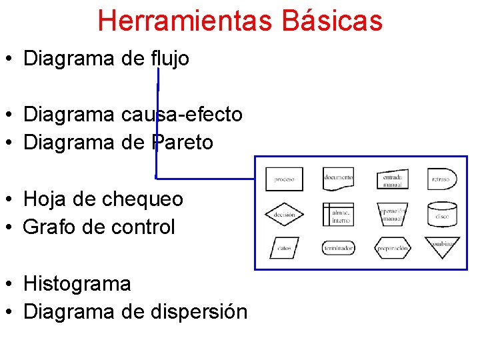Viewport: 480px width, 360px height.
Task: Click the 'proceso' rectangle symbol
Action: pyautogui.click(x=284, y=179)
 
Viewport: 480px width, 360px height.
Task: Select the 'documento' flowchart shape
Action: pyautogui.click(x=338, y=179)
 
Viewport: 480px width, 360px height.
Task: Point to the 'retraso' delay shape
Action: pyautogui.click(x=441, y=179)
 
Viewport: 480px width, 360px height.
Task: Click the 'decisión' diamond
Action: pyautogui.click(x=284, y=215)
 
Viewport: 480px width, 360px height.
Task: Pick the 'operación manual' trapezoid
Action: pyautogui.click(x=392, y=214)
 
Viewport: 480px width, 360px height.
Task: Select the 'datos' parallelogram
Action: pyautogui.click(x=284, y=248)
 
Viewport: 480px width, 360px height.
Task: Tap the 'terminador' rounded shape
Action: pyautogui.click(x=338, y=248)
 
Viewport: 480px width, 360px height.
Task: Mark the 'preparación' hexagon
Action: pyautogui.click(x=392, y=248)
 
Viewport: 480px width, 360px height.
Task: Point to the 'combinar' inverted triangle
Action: pyautogui.click(x=442, y=246)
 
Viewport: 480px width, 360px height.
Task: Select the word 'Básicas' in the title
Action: pyautogui.click(x=332, y=21)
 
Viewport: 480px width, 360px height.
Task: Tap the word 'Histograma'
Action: pyautogui.click(x=77, y=283)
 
